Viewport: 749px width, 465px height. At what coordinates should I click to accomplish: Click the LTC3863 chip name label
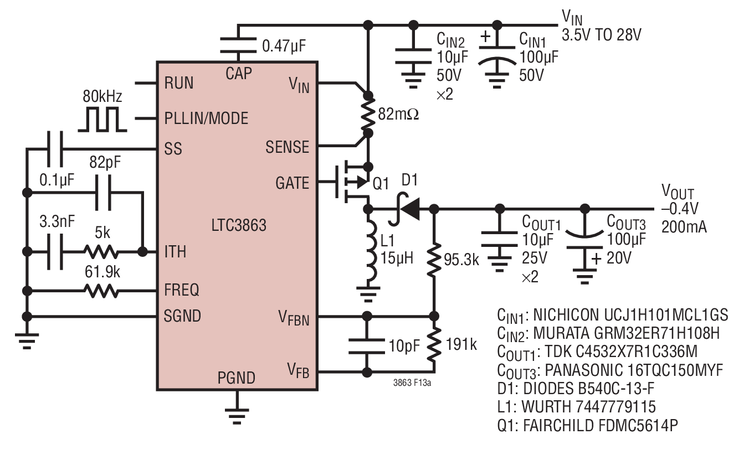point(239,225)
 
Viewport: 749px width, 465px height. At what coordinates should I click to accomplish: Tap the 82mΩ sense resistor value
point(398,114)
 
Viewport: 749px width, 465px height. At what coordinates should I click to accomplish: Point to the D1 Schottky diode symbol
point(404,209)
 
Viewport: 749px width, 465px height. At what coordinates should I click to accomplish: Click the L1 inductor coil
point(371,249)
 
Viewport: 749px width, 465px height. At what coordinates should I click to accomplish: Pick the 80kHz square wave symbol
point(102,119)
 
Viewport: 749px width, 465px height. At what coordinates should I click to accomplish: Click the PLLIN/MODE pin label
point(206,118)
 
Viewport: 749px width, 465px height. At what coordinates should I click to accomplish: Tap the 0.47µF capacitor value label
point(284,46)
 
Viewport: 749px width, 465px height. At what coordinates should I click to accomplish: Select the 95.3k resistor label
point(461,260)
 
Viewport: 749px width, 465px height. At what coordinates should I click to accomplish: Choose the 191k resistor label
point(461,344)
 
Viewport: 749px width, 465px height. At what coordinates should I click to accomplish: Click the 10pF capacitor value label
point(404,346)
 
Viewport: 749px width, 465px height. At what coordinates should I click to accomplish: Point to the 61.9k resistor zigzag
point(101,291)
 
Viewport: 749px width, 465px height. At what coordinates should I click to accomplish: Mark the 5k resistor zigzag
point(101,251)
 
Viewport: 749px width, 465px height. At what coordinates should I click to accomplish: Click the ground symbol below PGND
point(237,416)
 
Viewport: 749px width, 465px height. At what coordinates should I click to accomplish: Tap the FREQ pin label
point(182,290)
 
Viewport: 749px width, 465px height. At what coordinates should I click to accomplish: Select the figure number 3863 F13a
point(412,383)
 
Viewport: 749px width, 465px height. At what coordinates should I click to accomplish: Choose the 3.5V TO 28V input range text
point(602,35)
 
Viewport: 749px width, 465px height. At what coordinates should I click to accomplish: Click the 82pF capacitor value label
point(105,162)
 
